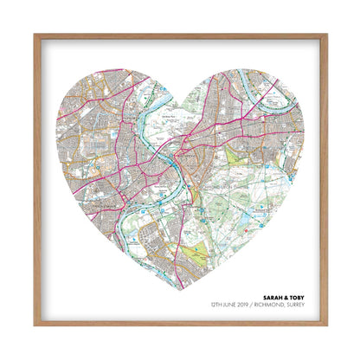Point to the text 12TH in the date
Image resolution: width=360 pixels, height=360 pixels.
213,306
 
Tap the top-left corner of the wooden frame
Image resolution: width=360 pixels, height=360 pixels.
35,35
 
